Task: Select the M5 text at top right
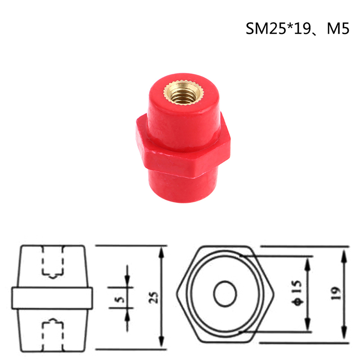pos(338,28)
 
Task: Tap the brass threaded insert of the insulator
pos(184,92)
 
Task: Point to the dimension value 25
pos(153,297)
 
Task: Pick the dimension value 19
pos(335,293)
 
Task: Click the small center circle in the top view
pos(225,294)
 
